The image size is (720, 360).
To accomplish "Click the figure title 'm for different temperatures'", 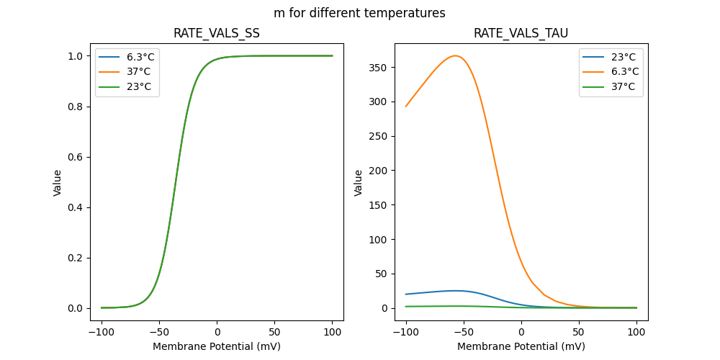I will click(359, 13).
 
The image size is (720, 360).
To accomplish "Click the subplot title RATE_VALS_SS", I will click(216, 34).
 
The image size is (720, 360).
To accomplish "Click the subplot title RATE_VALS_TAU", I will click(521, 34).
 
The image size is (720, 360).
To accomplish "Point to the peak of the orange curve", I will click(456, 55).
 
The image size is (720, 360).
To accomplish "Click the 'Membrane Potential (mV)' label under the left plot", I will click(217, 346).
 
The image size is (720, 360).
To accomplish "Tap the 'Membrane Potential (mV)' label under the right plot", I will click(521, 346).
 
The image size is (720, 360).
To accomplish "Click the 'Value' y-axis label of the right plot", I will click(359, 182).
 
